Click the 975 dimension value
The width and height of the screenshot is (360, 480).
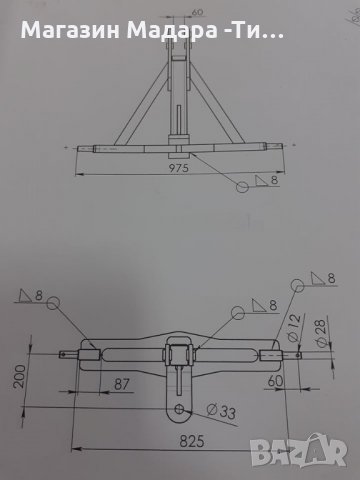coord(178,168)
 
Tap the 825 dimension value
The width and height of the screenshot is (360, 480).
coord(192,441)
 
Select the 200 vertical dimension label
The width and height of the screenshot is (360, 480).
coord(20,376)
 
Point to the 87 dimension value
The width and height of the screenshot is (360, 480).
coord(121,384)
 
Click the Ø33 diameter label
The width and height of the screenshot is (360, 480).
coord(221,411)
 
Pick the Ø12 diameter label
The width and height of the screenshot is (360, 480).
coord(293,328)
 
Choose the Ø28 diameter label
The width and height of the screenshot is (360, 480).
coord(321,333)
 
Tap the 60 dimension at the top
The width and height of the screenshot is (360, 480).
coord(197,12)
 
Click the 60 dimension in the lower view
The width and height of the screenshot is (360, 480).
coord(275,381)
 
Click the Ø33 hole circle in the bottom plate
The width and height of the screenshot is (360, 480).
coord(179,409)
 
